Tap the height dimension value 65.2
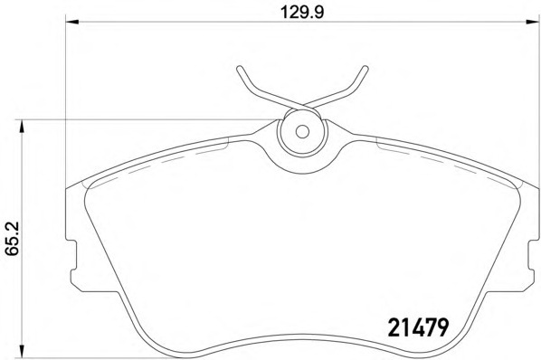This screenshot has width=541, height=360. click(12, 240)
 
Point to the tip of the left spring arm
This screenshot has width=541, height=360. click(238, 67)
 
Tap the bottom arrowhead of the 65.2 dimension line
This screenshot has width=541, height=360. click(22, 355)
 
